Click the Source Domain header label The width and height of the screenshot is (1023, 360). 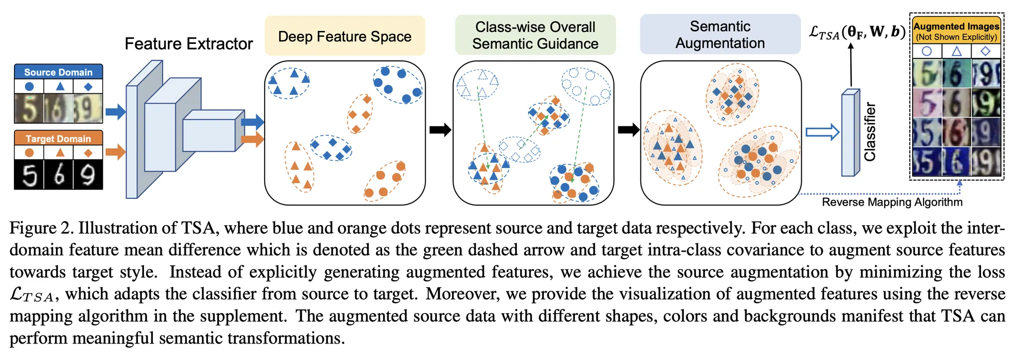(x=58, y=72)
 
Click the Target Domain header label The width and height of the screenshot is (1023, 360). (x=58, y=138)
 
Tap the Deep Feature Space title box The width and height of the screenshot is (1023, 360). (x=345, y=36)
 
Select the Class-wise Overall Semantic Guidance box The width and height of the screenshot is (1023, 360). (x=535, y=35)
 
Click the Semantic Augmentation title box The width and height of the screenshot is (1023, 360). (x=720, y=34)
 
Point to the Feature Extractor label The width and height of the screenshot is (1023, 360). (x=188, y=44)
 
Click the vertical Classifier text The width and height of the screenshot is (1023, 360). (x=870, y=132)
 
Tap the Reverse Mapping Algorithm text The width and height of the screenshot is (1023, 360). (x=892, y=202)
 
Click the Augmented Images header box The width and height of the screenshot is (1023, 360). (x=956, y=30)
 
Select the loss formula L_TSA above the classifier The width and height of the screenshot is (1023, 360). (x=857, y=32)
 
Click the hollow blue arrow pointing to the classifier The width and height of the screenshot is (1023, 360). (x=822, y=132)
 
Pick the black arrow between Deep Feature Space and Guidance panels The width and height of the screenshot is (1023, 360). (x=440, y=130)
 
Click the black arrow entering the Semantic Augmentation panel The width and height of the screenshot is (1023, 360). (x=628, y=130)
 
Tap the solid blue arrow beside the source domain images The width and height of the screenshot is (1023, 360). (x=115, y=111)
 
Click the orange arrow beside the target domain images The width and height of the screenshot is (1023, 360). (x=115, y=151)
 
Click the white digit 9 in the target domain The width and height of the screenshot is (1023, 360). (x=88, y=175)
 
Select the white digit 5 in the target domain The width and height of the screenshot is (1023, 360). (x=29, y=175)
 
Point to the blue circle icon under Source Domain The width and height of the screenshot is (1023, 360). (x=29, y=87)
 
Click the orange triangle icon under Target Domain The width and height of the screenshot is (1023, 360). (x=60, y=153)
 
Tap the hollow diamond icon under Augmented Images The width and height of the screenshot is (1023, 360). (x=985, y=51)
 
